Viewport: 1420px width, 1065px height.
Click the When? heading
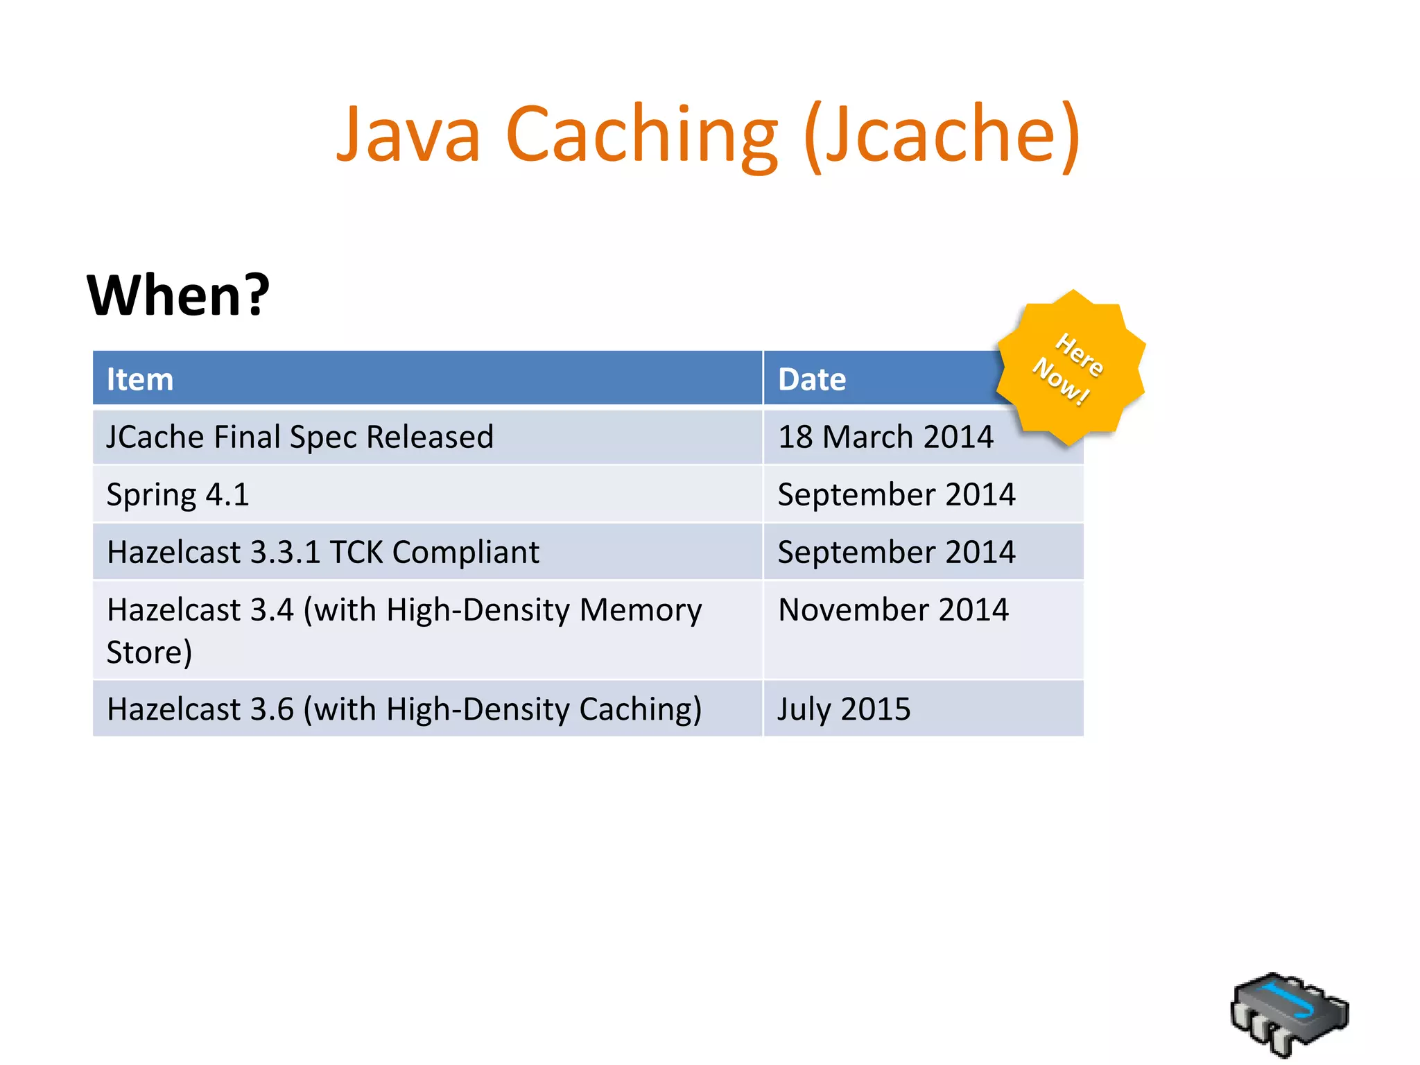pos(178,295)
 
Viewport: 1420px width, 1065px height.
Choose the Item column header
pos(140,380)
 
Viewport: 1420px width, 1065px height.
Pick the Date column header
pos(812,380)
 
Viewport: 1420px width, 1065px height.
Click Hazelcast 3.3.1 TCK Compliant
pos(323,553)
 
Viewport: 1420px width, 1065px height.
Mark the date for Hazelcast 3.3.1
pos(897,553)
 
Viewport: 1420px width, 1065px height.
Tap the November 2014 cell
pos(893,610)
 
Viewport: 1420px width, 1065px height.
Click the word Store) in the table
pos(149,652)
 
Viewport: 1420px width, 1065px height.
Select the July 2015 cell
pos(844,709)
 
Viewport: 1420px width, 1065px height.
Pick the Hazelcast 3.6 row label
pos(404,709)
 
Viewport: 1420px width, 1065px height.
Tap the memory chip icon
pos(1290,1014)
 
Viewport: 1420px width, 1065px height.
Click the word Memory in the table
pos(641,610)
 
